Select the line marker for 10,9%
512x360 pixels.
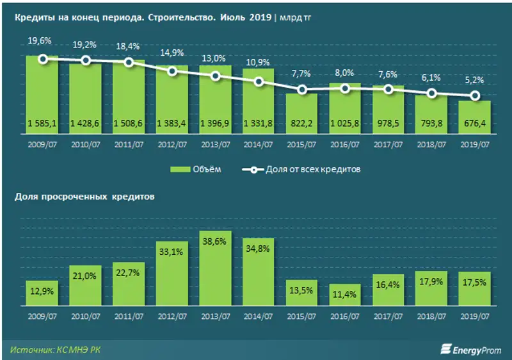259,81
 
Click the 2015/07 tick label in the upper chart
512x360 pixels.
301,145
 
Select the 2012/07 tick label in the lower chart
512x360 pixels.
172,315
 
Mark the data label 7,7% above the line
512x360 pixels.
301,74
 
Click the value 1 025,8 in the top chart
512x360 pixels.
345,123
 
